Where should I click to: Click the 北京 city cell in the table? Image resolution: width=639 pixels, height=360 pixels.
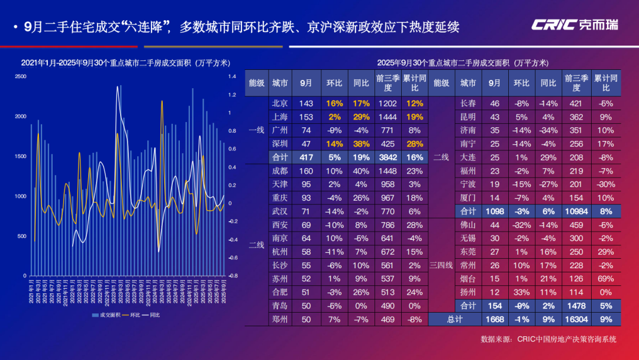click(279, 103)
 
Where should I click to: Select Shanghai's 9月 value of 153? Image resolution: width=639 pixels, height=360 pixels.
click(306, 117)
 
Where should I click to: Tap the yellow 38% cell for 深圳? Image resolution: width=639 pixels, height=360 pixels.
click(361, 144)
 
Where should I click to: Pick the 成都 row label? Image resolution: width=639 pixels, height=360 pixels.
click(279, 171)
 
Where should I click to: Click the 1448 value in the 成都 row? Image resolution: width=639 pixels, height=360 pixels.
click(388, 171)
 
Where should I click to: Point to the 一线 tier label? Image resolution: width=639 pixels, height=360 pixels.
click(256, 130)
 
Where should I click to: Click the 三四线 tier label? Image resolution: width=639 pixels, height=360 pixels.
click(441, 265)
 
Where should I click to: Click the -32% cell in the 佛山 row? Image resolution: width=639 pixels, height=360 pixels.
click(521, 225)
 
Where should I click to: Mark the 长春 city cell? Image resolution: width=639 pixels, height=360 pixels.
click(467, 103)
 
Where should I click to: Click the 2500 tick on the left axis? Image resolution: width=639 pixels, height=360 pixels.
click(21, 77)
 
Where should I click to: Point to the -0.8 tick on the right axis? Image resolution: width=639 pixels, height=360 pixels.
click(233, 276)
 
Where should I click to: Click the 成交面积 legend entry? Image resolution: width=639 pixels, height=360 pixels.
click(106, 315)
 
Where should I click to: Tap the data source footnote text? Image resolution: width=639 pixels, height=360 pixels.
click(548, 339)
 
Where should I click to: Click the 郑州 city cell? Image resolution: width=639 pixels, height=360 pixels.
click(279, 320)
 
